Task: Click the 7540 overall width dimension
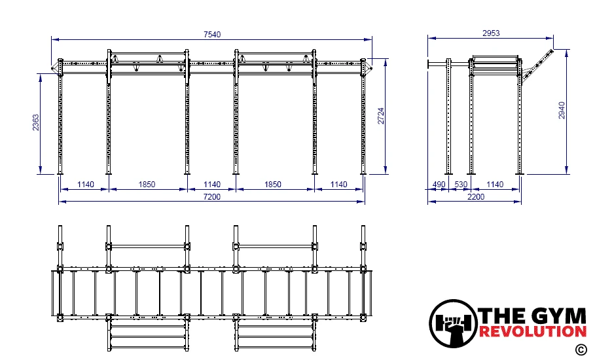[211, 35]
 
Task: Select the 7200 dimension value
[211, 196]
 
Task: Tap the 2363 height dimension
[35, 122]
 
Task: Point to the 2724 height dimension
[381, 116]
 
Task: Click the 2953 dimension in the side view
[491, 33]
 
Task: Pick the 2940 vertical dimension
[562, 111]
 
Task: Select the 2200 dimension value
[476, 196]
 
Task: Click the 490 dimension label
[439, 185]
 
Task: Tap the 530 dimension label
[461, 185]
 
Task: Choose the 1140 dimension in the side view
[495, 185]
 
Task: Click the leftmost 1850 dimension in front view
[147, 185]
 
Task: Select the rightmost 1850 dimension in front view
[273, 185]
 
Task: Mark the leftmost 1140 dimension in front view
[85, 185]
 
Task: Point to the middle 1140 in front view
[211, 185]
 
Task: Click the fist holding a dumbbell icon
[454, 323]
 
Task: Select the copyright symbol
[581, 350]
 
